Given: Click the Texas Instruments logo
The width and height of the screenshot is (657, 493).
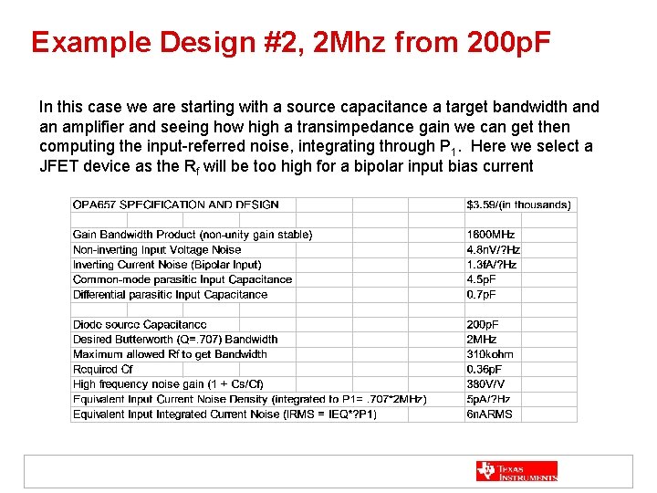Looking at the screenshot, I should (516, 471).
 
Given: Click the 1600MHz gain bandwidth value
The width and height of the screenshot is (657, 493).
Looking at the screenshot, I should (491, 235).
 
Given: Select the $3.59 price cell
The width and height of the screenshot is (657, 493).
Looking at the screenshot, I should (519, 205).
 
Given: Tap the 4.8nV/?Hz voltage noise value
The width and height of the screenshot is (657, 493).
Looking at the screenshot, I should (494, 249).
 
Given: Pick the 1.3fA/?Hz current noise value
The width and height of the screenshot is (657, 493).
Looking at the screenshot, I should (492, 265).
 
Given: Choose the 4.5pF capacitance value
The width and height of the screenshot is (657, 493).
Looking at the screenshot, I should (482, 279).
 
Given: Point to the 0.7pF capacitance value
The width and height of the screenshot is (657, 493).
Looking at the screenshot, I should (482, 294).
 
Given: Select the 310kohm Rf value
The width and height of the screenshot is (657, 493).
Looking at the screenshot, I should (490, 354).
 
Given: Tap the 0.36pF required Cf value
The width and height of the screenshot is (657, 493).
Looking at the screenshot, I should (485, 369).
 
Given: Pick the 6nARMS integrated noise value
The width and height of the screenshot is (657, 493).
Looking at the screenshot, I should (489, 414).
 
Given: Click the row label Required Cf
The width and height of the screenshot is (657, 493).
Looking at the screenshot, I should (103, 369).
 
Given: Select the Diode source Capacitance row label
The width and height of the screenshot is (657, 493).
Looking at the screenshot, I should (140, 324).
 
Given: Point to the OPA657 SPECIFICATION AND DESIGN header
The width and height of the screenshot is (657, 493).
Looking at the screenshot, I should (176, 205).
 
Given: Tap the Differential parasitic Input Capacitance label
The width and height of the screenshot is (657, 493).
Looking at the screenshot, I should (170, 294).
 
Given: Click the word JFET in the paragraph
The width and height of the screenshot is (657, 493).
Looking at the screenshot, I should (59, 166).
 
